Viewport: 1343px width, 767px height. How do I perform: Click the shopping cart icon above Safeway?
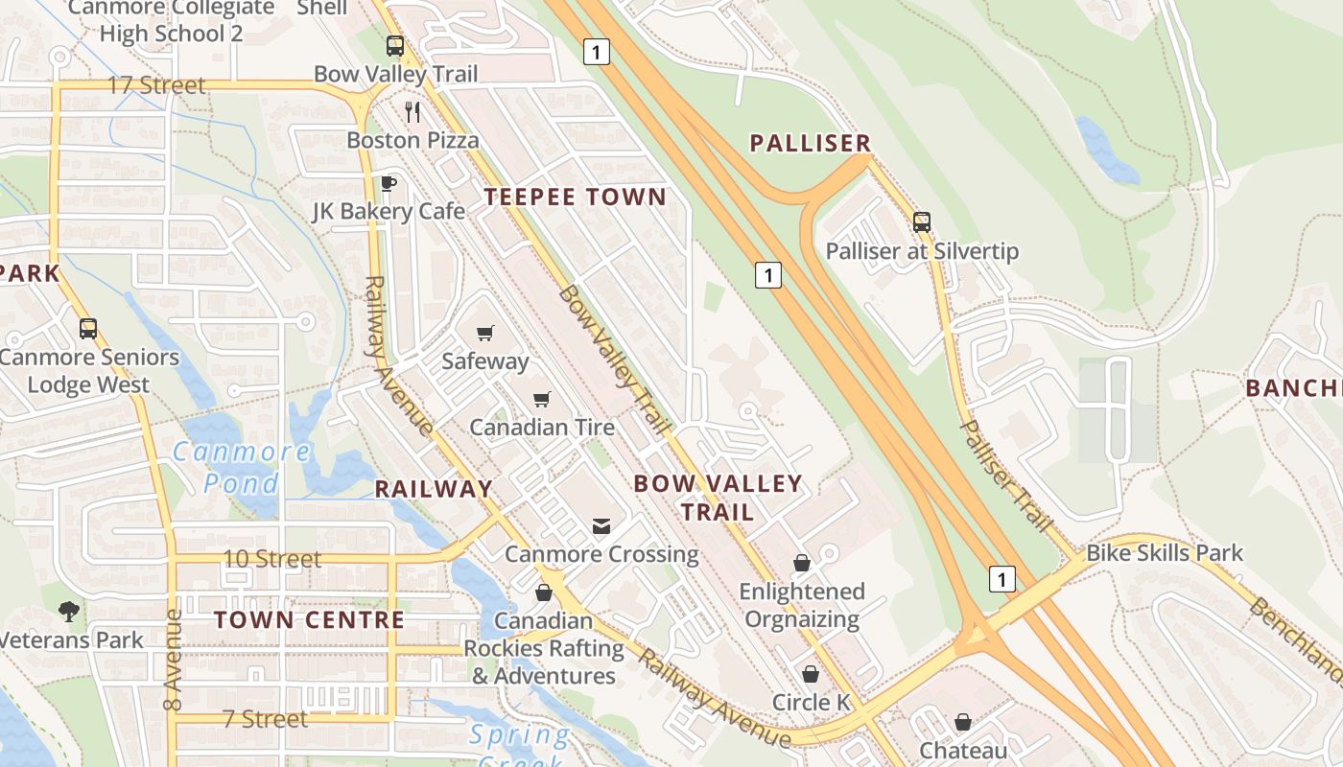coord(485,334)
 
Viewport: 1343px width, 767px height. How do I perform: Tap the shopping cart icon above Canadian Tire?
coord(542,399)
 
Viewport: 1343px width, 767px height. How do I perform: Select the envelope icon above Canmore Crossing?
coord(601,526)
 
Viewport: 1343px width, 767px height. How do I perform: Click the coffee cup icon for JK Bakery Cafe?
coord(389,183)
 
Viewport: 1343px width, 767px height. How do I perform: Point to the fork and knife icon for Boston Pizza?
coord(412,112)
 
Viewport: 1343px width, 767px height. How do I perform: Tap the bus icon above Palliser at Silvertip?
coord(922,222)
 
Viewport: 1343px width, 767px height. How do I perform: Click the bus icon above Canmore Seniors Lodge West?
coord(88,329)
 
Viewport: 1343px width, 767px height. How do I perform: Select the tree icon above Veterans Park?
coord(68,611)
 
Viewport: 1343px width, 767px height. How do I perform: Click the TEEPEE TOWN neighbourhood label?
coord(575,198)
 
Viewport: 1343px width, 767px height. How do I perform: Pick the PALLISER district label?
coord(810,144)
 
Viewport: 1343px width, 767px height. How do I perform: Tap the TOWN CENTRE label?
coord(309,619)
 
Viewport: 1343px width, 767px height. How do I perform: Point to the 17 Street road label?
coord(156,85)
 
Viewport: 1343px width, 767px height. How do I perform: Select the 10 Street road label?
coord(271,558)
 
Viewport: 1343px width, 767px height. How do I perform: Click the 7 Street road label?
coord(266,718)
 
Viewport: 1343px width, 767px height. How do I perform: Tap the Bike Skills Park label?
coord(1164,553)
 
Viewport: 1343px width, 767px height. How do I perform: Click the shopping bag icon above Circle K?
coord(811,675)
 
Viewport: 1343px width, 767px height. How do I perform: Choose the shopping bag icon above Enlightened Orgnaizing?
coord(801,563)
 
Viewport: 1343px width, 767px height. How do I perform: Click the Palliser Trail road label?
coord(1006,476)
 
